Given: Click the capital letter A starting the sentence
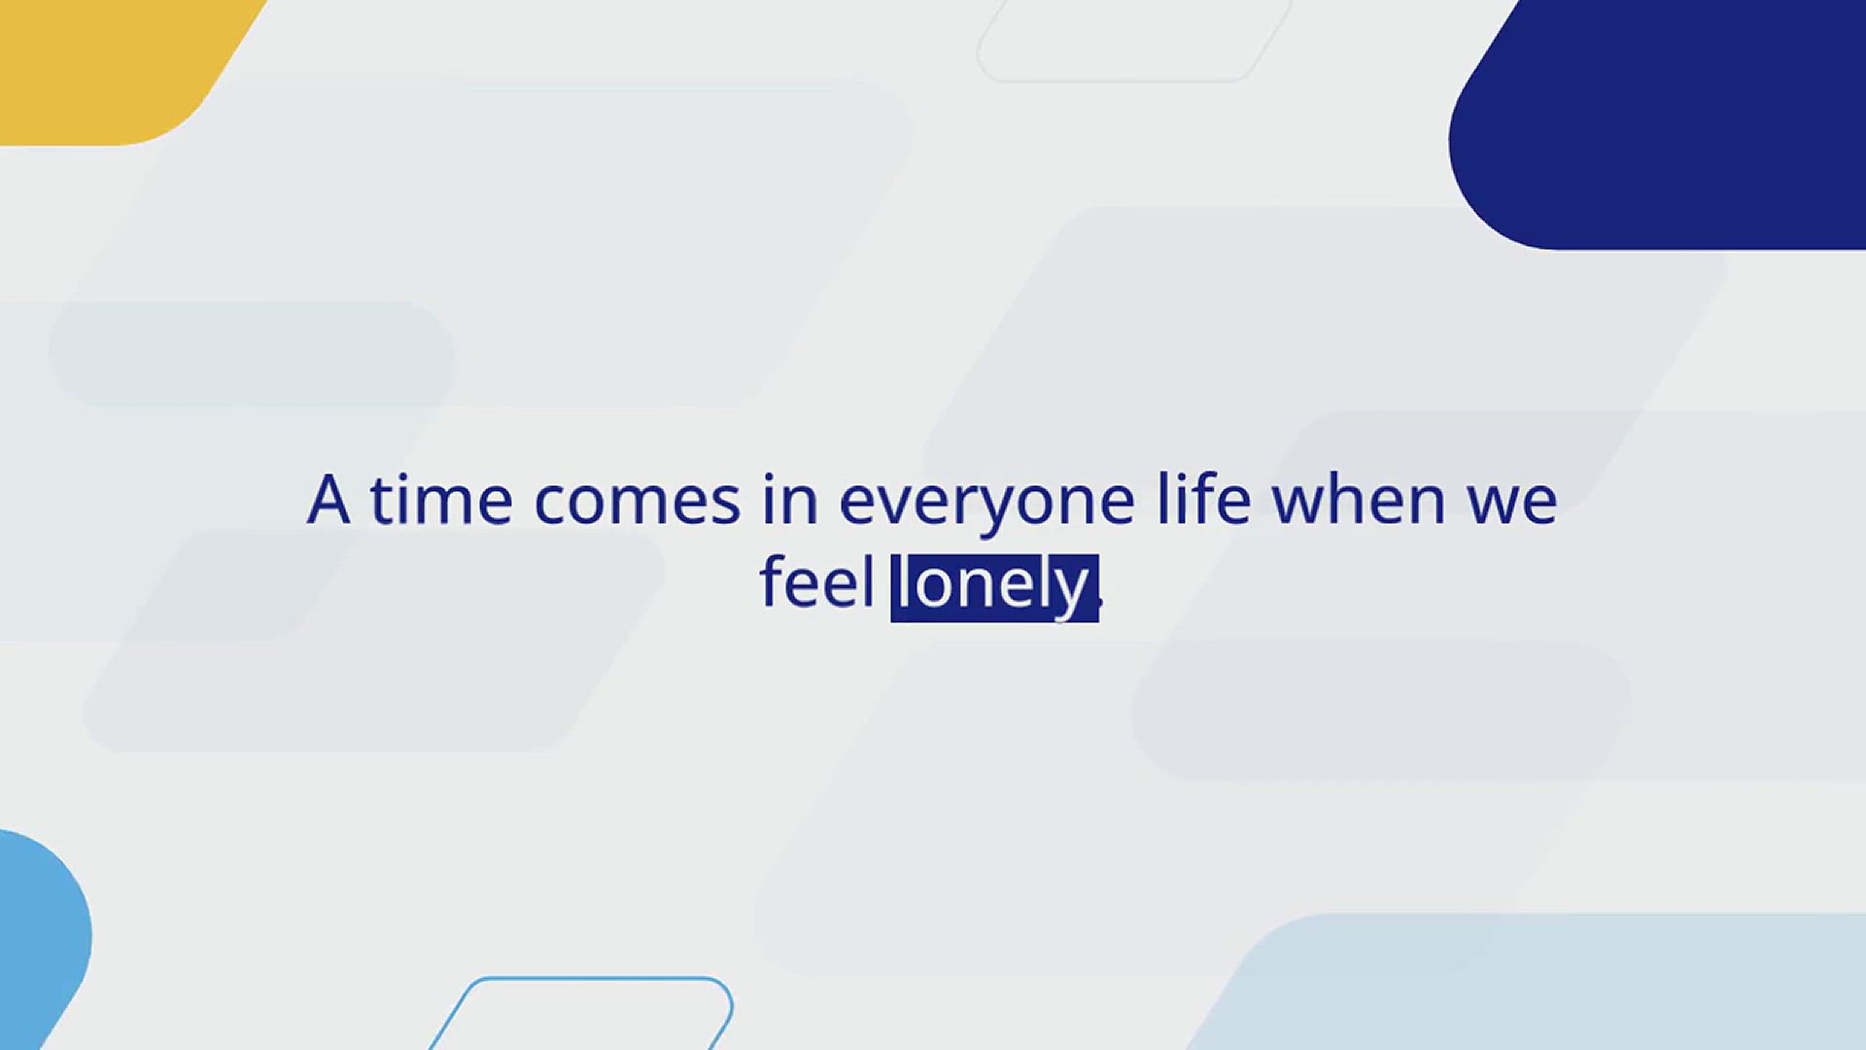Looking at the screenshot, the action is [x=328, y=500].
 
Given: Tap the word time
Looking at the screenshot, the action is [x=441, y=500].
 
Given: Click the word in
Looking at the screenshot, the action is [x=789, y=500].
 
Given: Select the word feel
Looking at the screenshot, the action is [x=816, y=581].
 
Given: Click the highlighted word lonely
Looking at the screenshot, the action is [x=993, y=588].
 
